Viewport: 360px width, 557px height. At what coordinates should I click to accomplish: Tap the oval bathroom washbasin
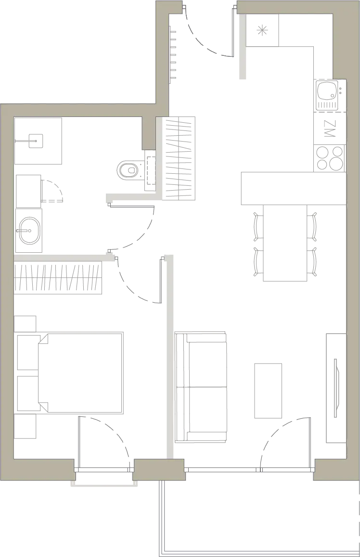click(x=29, y=231)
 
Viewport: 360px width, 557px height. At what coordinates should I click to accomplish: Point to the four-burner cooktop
click(x=330, y=158)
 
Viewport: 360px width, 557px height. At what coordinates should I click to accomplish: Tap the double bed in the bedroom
click(x=80, y=373)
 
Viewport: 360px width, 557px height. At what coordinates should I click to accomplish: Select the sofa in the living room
click(x=201, y=387)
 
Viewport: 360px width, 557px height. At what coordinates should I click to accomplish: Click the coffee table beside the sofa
click(x=268, y=390)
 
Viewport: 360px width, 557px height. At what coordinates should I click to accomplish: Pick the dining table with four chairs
click(x=285, y=243)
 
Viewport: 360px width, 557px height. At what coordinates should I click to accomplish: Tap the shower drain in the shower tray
click(x=36, y=141)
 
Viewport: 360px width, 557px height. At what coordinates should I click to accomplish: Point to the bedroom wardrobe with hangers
click(x=58, y=278)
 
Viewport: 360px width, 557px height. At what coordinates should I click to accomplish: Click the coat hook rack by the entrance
click(x=173, y=54)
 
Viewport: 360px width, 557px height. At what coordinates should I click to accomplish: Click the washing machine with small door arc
click(x=28, y=191)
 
